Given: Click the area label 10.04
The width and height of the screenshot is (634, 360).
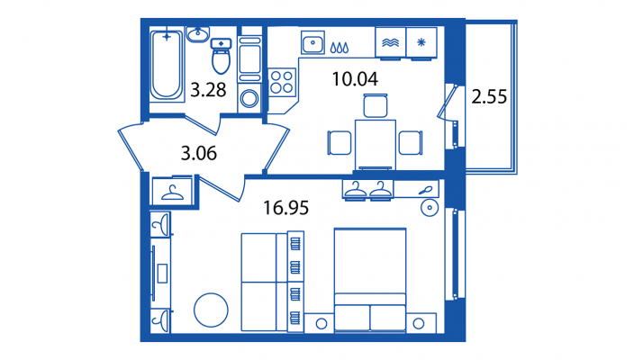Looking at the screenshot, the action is click(x=355, y=79).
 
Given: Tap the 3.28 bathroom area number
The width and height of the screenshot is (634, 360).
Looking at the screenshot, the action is click(x=208, y=90).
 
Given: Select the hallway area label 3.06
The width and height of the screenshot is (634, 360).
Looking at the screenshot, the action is click(x=199, y=154).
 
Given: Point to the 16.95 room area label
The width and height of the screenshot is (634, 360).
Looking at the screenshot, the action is click(x=285, y=208).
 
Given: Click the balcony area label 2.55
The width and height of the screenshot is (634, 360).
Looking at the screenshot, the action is click(x=489, y=97).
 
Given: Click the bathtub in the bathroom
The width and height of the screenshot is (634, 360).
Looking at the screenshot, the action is click(x=167, y=65).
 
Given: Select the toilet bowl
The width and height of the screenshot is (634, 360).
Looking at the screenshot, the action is click(x=222, y=56).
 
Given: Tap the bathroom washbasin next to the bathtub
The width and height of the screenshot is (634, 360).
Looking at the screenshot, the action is click(x=198, y=34).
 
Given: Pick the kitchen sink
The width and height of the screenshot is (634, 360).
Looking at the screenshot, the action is click(x=312, y=42).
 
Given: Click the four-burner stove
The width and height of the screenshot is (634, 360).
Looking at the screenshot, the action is click(x=282, y=82).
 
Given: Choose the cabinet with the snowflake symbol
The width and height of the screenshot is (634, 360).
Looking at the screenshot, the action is click(x=421, y=42).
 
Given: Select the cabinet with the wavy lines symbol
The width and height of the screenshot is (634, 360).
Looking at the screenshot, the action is click(x=391, y=42).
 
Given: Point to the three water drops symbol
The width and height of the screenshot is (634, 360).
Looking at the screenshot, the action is click(x=340, y=48).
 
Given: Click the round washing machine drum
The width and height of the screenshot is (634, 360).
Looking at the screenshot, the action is click(x=249, y=98).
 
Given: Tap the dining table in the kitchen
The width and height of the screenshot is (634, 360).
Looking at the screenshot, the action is click(x=376, y=144).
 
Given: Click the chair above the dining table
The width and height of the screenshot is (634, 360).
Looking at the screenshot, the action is click(x=376, y=105).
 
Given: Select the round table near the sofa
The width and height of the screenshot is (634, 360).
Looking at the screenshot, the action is click(x=211, y=310).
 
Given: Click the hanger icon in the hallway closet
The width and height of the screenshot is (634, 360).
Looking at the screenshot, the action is click(x=172, y=193).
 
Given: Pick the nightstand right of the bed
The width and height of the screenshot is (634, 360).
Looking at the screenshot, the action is click(x=421, y=323).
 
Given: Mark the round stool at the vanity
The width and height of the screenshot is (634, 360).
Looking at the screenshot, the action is click(x=430, y=208).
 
